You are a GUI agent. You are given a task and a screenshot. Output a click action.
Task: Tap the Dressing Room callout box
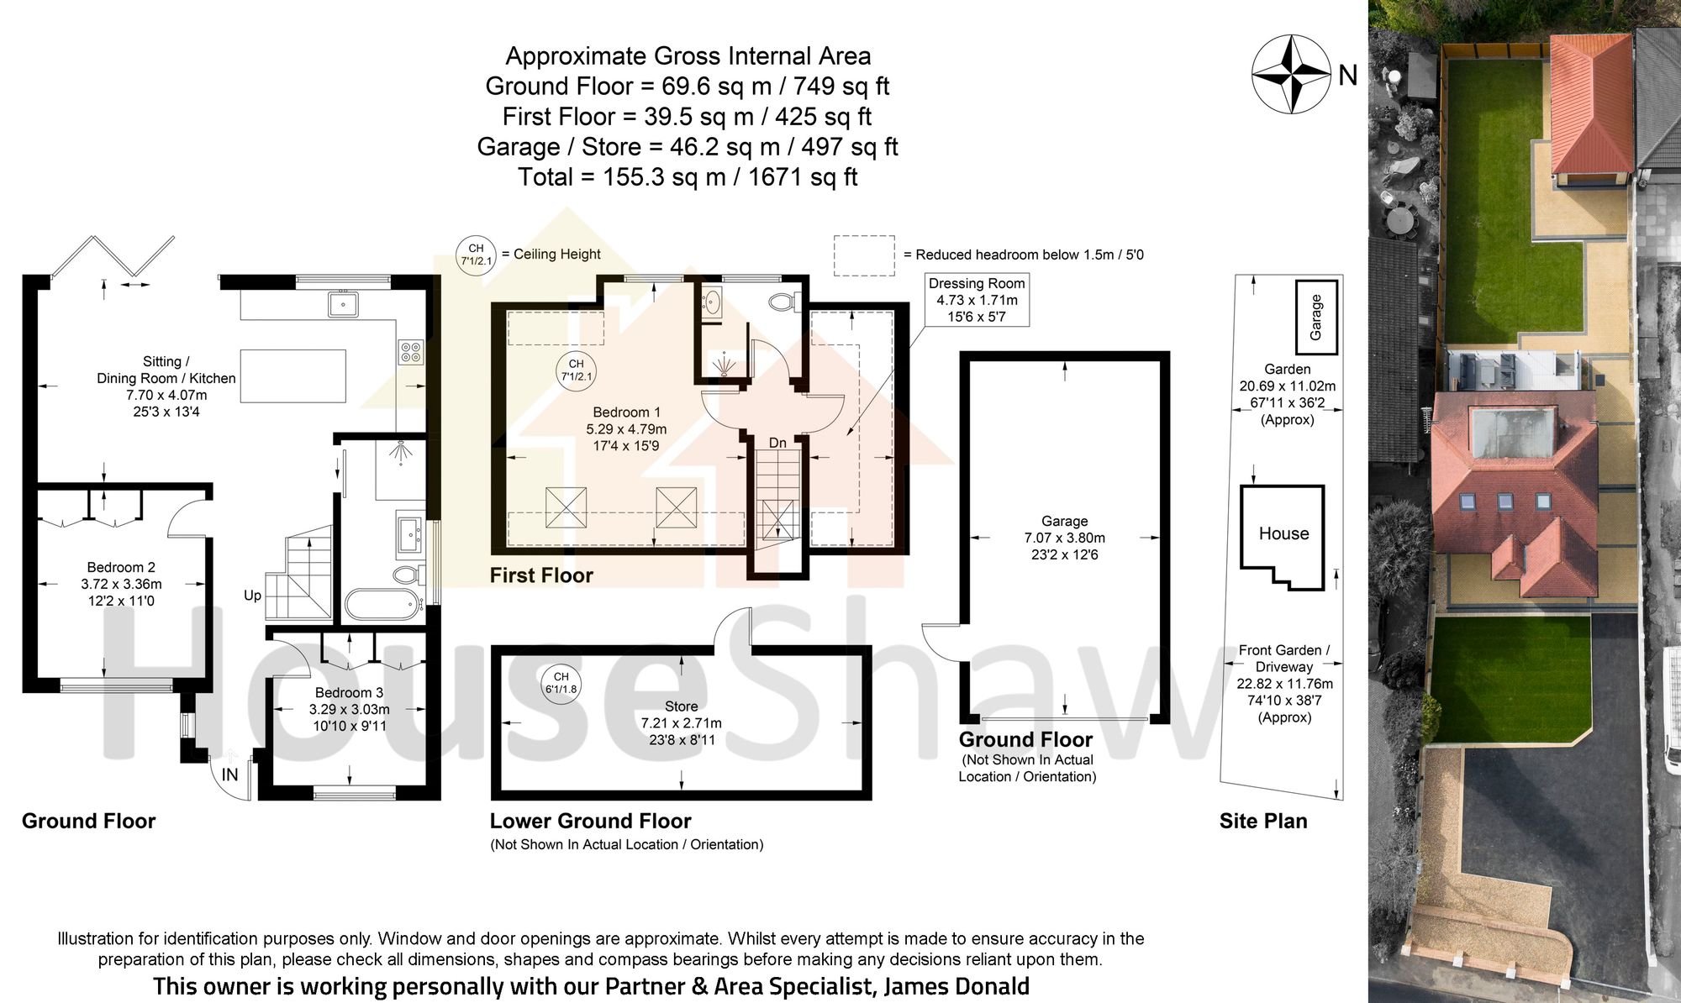(x=976, y=300)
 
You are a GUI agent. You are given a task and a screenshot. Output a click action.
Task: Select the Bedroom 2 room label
(x=121, y=568)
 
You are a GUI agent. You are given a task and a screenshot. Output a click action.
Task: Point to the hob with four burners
(x=410, y=351)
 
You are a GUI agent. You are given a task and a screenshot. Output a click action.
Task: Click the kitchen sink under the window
(x=343, y=303)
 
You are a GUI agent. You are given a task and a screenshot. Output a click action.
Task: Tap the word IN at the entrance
(x=229, y=775)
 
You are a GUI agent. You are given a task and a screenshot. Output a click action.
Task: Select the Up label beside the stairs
(x=252, y=596)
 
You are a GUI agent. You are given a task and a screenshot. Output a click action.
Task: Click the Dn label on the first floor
(x=777, y=443)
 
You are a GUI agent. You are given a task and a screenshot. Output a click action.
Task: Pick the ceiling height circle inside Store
(x=561, y=683)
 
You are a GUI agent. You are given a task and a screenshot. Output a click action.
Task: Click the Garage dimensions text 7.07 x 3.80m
(x=1064, y=538)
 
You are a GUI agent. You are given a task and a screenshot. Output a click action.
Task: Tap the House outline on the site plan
(x=1283, y=534)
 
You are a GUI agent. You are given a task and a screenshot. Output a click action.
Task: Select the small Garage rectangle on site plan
(x=1315, y=318)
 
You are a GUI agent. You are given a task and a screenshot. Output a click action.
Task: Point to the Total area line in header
(x=687, y=177)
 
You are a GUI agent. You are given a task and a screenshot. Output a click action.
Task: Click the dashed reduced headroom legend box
(x=863, y=255)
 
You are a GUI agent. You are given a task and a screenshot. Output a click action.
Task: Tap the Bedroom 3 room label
(x=349, y=693)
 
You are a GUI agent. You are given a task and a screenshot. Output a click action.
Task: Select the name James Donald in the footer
(x=956, y=985)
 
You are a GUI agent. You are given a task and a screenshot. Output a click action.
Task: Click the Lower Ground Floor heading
(x=590, y=821)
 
